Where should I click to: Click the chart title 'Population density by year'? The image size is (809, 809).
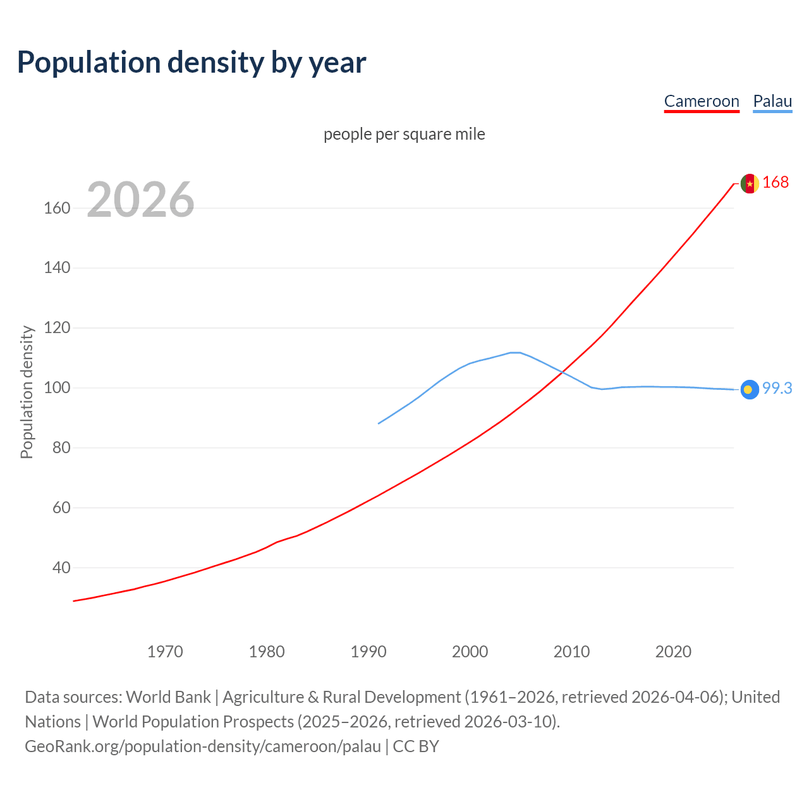pos(192,63)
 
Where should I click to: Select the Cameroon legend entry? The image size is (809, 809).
pos(702,101)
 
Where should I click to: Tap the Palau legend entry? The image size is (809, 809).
pos(772,101)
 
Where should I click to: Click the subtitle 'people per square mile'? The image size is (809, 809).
pos(404,134)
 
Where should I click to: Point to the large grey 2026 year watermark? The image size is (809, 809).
pos(140,200)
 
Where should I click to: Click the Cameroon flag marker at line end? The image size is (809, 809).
pos(750,183)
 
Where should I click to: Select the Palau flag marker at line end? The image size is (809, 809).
pos(750,389)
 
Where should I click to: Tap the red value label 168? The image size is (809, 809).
pos(776,182)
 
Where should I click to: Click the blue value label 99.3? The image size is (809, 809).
pos(777,388)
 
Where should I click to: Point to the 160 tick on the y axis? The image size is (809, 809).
pos(57,208)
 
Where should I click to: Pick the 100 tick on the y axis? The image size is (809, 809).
pos(57,387)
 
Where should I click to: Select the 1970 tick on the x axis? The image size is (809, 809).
pos(165,652)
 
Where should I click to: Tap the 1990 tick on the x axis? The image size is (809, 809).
pos(368,652)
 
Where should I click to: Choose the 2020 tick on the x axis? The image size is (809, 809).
pos(673,652)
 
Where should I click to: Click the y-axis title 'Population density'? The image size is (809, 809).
pos(27,392)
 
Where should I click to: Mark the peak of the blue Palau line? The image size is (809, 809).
pos(515,353)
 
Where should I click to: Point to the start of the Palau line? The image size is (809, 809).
pos(379,423)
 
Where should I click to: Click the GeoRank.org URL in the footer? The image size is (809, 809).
pos(202,746)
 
